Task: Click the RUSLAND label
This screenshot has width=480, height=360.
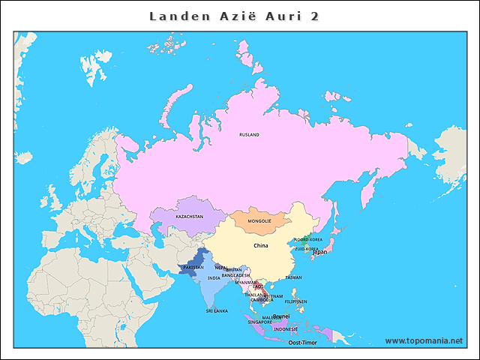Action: [x=249, y=135]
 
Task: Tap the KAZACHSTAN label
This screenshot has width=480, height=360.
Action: [x=189, y=216]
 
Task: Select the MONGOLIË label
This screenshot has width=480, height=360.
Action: [x=259, y=221]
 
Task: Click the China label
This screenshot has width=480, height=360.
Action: [x=260, y=245]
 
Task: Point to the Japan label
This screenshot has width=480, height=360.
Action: [x=319, y=252]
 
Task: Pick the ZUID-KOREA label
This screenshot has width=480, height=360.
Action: [x=306, y=248]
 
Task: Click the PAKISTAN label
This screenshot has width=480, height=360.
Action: [x=193, y=267]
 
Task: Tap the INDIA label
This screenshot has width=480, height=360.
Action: [x=214, y=277]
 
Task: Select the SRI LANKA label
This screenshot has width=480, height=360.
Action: [x=217, y=310]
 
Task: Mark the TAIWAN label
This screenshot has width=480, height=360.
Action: [x=293, y=277]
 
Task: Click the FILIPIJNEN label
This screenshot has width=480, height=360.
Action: [x=296, y=301]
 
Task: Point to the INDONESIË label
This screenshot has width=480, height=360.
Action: [x=285, y=328]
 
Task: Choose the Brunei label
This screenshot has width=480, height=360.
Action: [x=281, y=316]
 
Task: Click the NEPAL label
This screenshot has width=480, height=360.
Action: [x=221, y=267]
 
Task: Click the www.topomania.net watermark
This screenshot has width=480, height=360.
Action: [x=424, y=340]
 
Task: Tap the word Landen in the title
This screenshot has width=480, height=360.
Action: [x=174, y=16]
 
